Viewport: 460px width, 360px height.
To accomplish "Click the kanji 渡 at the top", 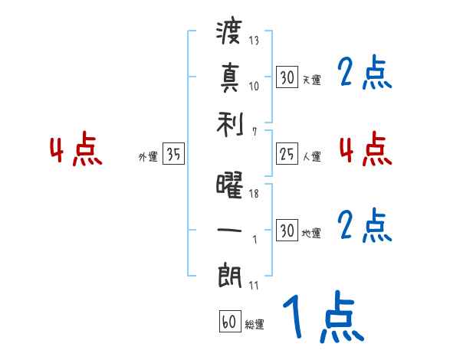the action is pos(230,33).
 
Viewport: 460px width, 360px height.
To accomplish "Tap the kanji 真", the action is pos(230,77).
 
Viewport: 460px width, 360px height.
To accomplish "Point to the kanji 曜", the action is pos(230,185).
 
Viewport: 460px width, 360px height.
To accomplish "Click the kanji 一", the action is pos(230,229).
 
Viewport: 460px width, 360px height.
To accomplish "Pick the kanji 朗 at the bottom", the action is pos(230,274).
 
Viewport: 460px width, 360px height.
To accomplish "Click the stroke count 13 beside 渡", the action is pos(254,41).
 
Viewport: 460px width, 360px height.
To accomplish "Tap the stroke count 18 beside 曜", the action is pos(254,195).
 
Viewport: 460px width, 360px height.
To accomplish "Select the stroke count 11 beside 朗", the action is pos(254,286).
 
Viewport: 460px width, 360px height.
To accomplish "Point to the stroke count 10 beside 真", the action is pos(254,86).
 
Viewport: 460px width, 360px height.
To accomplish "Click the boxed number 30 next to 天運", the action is pos(287,77).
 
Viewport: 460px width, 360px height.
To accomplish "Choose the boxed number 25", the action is pos(287,153).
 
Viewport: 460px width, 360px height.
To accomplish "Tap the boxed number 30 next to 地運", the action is pos(287,230).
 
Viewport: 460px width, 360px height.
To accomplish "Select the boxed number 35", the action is pos(173,154).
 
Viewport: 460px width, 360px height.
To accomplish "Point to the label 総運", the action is pos(255,325).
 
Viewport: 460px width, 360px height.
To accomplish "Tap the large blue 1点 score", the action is pos(323,316).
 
